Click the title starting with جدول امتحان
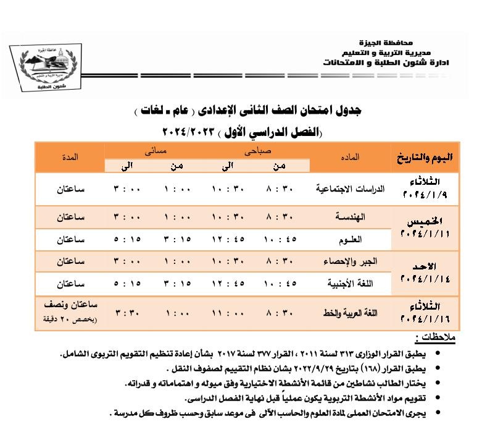click(247, 111)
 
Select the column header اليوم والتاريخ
click(422, 157)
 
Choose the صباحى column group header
click(258, 150)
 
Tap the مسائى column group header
click(156, 150)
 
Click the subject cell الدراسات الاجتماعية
click(350, 189)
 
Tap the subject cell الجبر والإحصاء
click(350, 261)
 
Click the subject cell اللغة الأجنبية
click(350, 284)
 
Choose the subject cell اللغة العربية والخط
click(350, 313)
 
